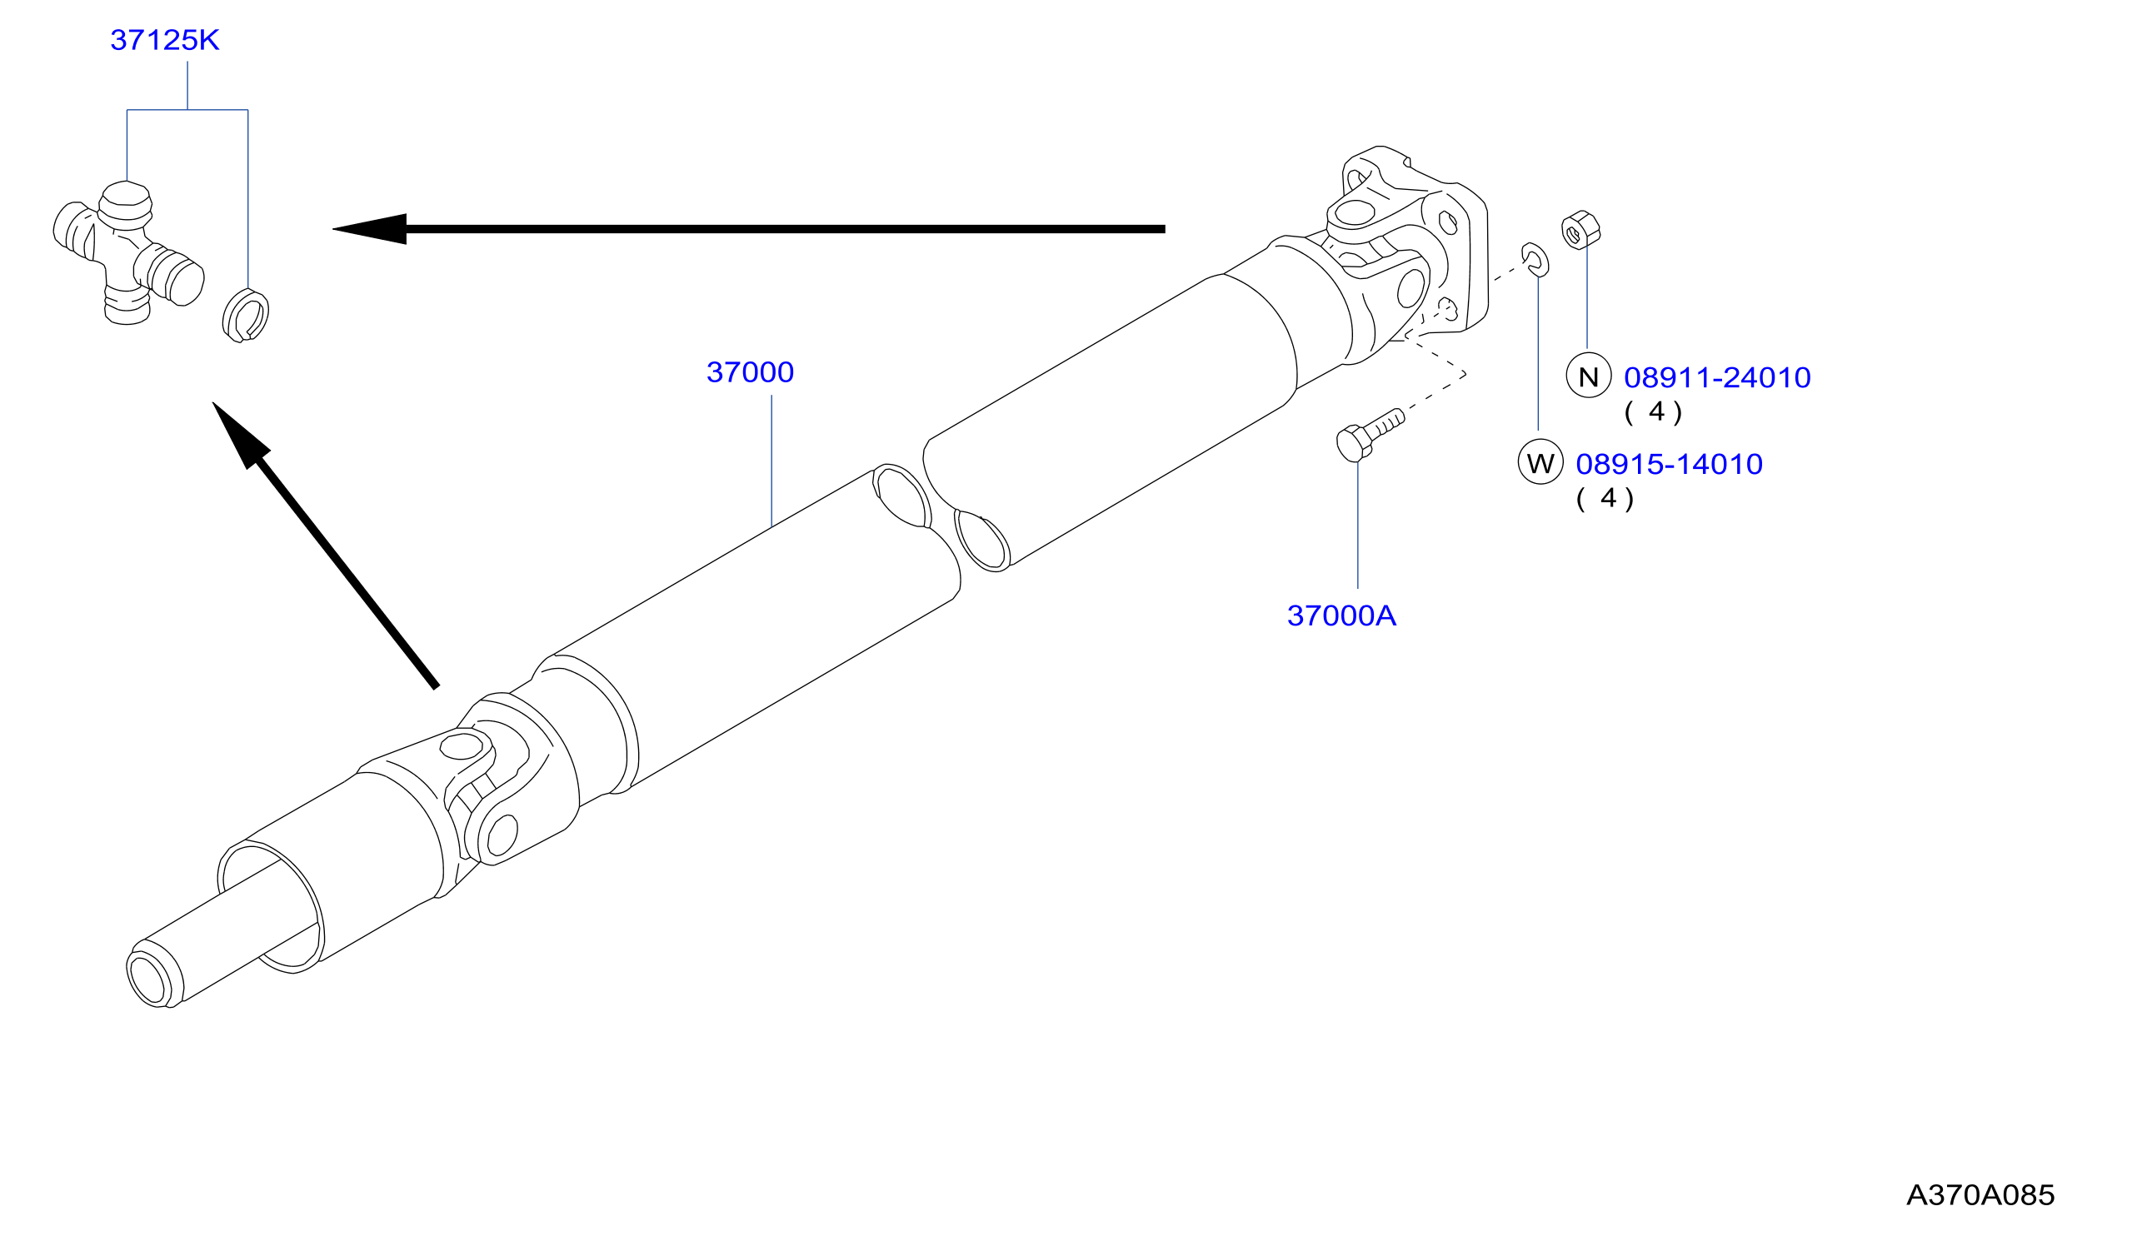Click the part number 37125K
(x=164, y=40)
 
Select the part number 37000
(x=750, y=372)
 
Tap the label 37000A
(x=1341, y=616)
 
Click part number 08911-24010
(x=1716, y=378)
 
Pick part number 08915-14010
(x=1668, y=465)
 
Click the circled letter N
(x=1587, y=376)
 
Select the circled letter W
(x=1540, y=463)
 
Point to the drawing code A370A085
(x=1980, y=1195)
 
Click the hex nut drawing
(x=1580, y=230)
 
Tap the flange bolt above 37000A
(x=1369, y=434)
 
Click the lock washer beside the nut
(x=1535, y=259)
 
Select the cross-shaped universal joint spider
(x=128, y=252)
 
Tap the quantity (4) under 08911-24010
(x=1653, y=413)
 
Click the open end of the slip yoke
(x=147, y=979)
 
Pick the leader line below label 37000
(x=771, y=461)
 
